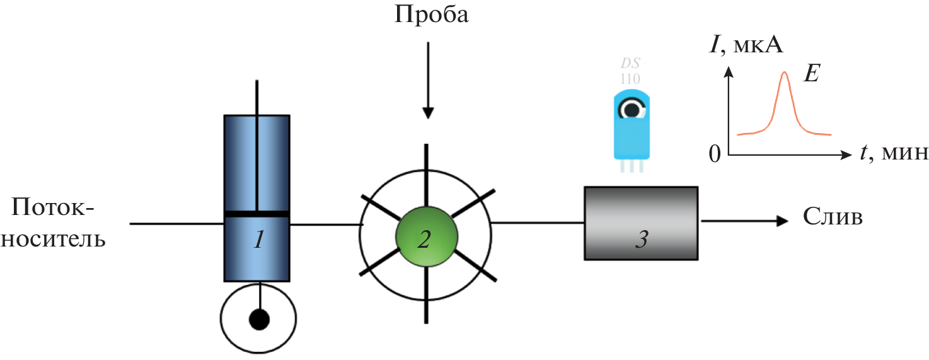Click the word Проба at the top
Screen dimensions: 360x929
tap(432, 15)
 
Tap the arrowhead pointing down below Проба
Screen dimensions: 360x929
tap(428, 113)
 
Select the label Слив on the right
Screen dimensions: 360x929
tap(833, 218)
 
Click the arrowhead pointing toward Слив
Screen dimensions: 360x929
tap(782, 221)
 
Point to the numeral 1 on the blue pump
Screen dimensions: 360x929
tap(257, 240)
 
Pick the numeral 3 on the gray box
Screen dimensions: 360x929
tap(640, 240)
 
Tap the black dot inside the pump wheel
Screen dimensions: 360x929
tap(258, 320)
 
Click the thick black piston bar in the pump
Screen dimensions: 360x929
tap(257, 214)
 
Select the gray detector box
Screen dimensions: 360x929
tap(641, 223)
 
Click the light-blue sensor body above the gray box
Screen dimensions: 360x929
tap(630, 139)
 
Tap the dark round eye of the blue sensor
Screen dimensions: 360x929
tap(631, 110)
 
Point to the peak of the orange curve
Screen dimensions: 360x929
tap(784, 73)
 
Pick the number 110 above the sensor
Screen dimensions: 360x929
tap(630, 79)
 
